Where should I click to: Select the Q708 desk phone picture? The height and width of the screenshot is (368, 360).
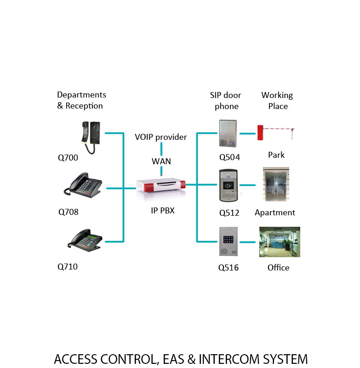coord(83,186)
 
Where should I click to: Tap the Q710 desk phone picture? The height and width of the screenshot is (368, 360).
coord(85,240)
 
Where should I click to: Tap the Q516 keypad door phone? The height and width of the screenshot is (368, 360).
coord(229,241)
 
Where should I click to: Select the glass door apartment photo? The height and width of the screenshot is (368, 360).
coord(276,184)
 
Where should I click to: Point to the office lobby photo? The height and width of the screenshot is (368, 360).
coord(280,242)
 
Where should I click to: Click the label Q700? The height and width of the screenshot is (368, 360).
coord(68,158)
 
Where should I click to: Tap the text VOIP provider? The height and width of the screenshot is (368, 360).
coord(161,137)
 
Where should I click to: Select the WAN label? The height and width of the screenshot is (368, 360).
coord(161,161)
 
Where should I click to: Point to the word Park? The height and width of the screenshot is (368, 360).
coord(276,155)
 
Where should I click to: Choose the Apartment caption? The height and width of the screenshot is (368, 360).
coord(275,213)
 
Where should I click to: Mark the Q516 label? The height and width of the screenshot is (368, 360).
coord(229,268)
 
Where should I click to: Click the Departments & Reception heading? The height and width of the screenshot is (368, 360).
coord(81,100)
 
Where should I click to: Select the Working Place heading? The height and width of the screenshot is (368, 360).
coord(277,101)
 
